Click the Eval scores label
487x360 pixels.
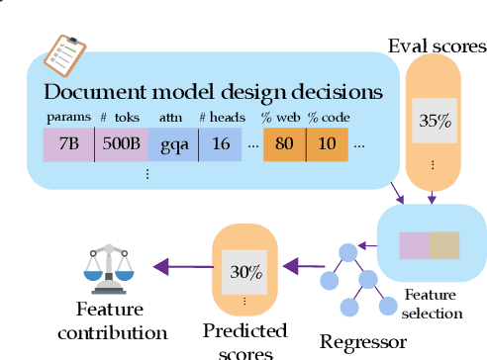(x=437, y=46)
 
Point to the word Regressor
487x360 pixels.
(x=363, y=343)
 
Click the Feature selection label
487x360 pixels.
(x=433, y=304)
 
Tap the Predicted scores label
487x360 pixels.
(x=244, y=338)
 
